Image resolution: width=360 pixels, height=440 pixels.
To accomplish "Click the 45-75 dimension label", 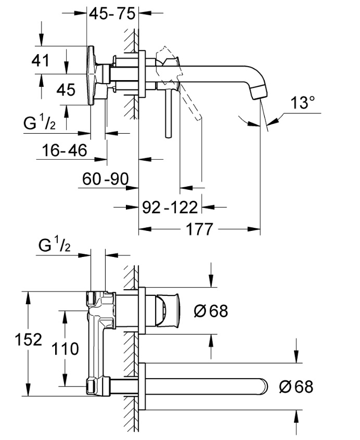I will (x=111, y=14).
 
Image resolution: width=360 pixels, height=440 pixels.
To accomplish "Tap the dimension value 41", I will (x=40, y=61).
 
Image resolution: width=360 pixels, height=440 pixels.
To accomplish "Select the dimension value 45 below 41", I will (x=66, y=90).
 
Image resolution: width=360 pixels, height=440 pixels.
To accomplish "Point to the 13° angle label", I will (x=303, y=103).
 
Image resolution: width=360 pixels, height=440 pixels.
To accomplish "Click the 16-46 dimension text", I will (x=65, y=151).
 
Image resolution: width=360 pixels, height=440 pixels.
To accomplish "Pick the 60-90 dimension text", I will (x=106, y=180).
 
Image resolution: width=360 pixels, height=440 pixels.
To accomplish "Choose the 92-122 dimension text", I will (x=171, y=208).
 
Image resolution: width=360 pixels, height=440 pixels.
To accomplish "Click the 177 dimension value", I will (x=199, y=229).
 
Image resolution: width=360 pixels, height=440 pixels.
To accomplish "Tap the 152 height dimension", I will (x=28, y=341).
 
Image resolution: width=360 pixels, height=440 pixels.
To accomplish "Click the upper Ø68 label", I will (x=211, y=311).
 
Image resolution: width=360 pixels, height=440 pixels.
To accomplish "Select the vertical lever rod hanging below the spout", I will (x=168, y=112).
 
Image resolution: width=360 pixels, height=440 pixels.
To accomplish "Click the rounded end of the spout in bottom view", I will (x=264, y=387).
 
